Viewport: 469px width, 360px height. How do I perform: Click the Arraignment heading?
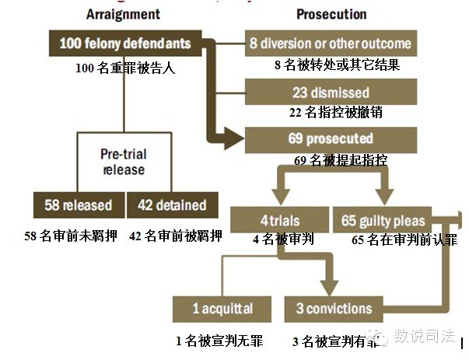124,14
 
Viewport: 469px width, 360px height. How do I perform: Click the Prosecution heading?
331,14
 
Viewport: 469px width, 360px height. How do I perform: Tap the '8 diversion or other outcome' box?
331,43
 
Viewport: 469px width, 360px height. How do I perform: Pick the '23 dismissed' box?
331,93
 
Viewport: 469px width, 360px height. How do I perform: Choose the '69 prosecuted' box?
331,139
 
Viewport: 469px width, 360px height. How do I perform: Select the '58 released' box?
78,206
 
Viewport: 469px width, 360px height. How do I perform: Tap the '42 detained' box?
172,206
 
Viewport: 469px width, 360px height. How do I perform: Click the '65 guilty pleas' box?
383,221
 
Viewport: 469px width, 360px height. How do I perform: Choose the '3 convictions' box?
334,309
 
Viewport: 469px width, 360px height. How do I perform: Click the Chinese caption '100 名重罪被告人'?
125,68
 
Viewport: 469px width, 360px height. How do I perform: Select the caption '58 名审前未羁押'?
71,236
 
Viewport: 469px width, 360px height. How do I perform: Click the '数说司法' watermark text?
424,336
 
